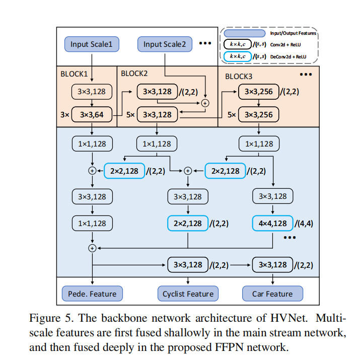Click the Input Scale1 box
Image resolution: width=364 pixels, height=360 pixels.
click(92, 44)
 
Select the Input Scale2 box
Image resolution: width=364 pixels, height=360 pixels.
click(164, 44)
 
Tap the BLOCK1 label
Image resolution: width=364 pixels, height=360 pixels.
click(74, 74)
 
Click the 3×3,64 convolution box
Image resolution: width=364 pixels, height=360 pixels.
click(92, 114)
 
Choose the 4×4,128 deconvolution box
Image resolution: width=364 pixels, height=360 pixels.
click(272, 223)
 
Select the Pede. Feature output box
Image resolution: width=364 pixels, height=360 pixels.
click(92, 294)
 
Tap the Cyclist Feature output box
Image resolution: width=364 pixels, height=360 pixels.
click(188, 294)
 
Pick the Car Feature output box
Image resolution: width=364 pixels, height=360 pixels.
click(272, 294)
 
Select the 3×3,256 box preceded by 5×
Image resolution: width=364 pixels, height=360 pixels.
click(258, 114)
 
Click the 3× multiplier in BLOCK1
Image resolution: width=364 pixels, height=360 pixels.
click(64, 114)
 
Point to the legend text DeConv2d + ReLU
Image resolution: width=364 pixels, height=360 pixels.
click(288, 57)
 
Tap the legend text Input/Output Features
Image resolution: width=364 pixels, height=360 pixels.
click(293, 33)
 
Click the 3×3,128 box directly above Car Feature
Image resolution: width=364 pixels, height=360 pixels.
click(272, 264)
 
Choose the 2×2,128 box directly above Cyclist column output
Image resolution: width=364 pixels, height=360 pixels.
click(188, 223)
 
